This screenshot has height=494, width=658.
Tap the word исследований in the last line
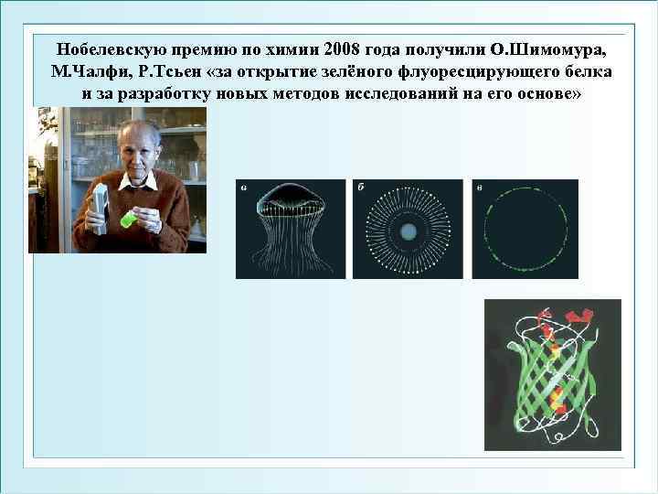(x=402, y=94)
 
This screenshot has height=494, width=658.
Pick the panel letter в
(x=479, y=188)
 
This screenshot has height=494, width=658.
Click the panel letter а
(x=242, y=188)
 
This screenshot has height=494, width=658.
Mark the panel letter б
(x=361, y=188)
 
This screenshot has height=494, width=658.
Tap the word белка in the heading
(x=589, y=71)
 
